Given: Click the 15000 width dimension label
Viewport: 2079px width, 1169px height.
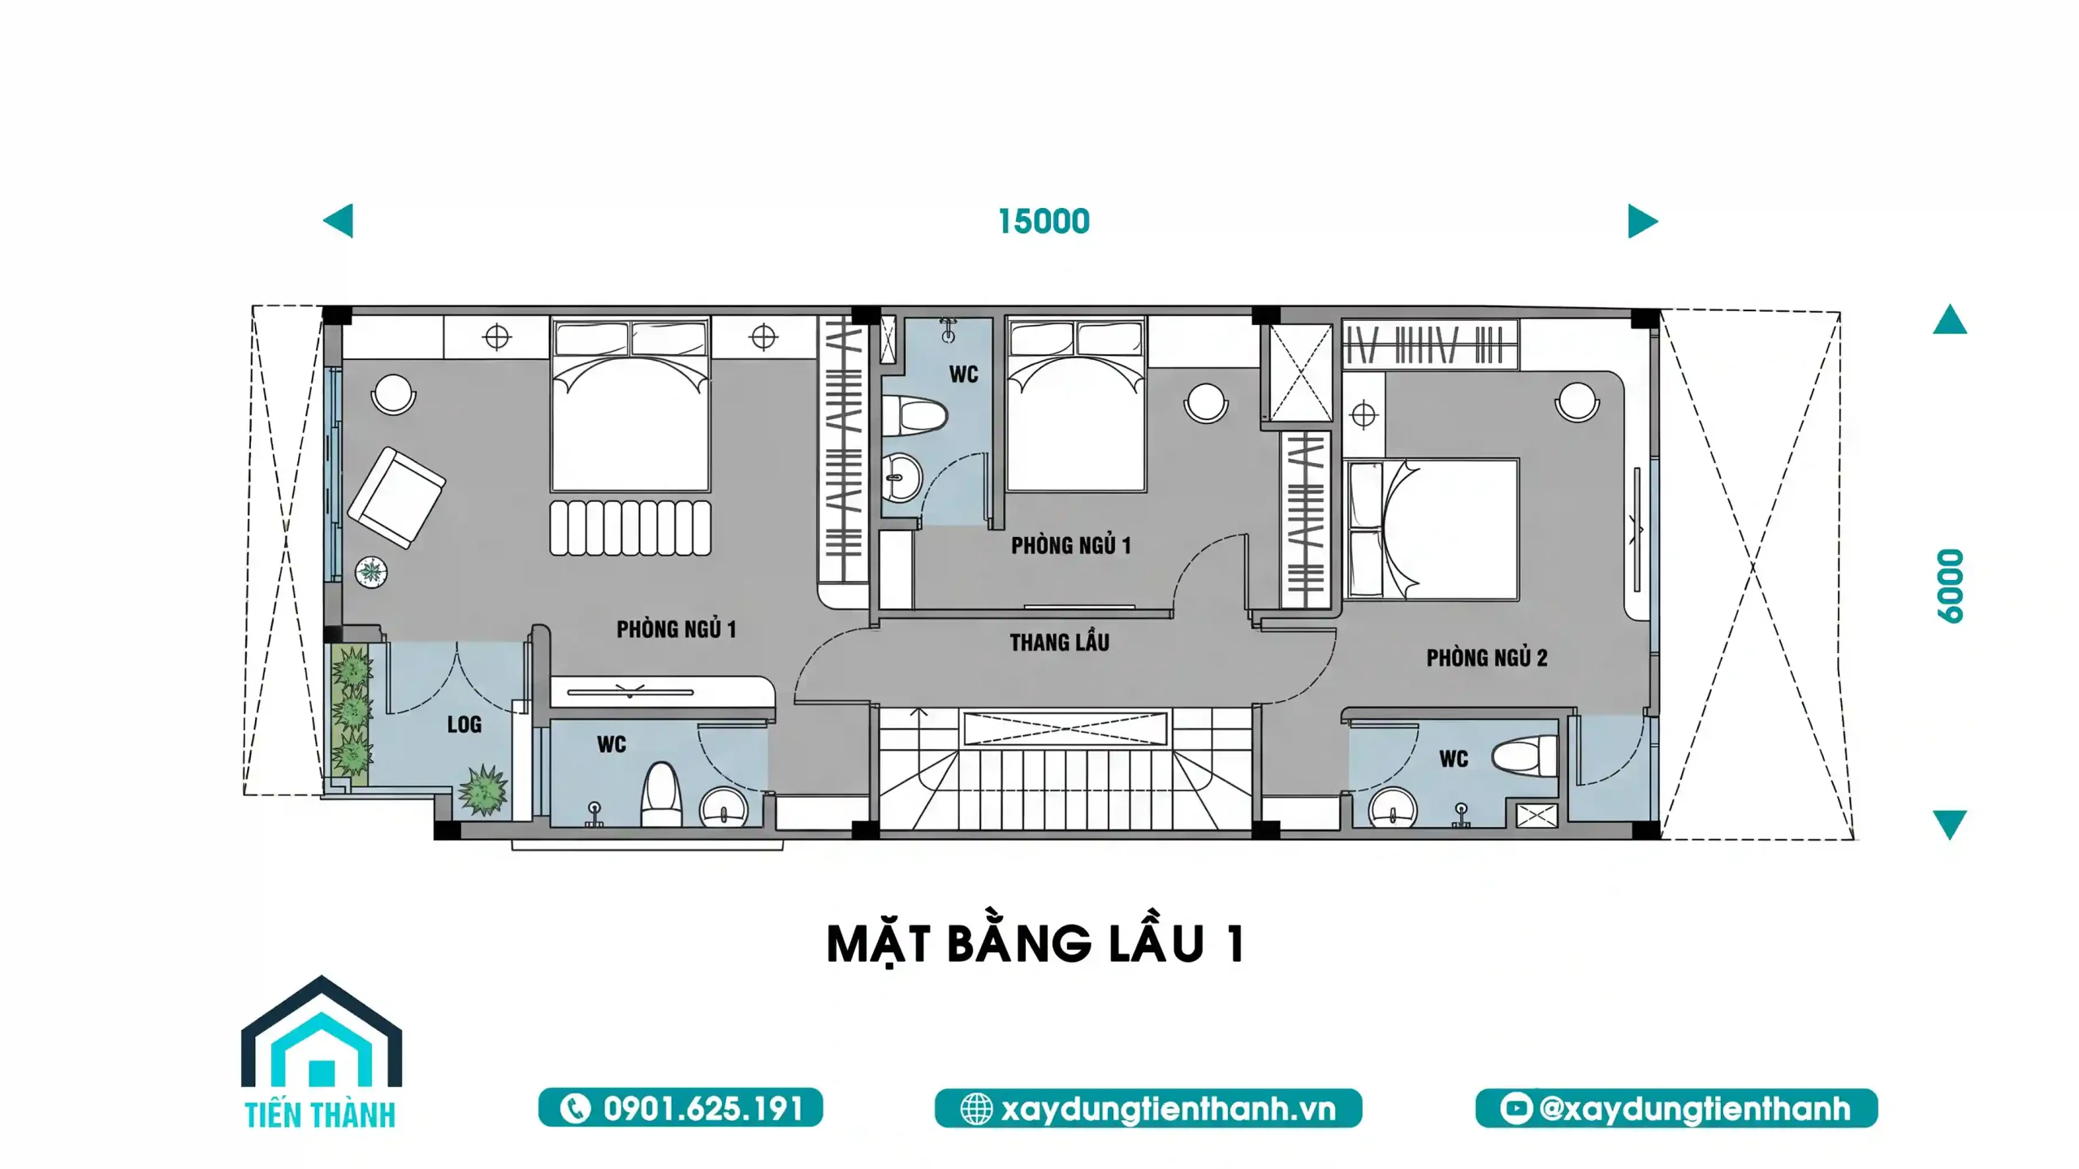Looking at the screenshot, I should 1044,222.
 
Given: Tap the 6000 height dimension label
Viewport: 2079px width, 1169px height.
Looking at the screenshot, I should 1950,586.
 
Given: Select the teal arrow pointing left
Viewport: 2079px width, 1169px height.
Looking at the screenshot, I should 339,221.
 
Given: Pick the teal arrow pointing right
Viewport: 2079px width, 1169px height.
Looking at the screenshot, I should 1641,221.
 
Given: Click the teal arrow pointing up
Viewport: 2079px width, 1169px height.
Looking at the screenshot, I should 1949,320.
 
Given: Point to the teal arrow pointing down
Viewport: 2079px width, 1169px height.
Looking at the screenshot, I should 1949,823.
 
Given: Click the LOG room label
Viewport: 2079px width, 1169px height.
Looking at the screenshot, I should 464,725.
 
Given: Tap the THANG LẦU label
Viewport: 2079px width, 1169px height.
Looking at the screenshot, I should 1059,643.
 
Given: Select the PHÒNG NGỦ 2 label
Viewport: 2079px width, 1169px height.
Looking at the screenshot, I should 1486,657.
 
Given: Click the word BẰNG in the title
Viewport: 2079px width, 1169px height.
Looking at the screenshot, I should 1018,944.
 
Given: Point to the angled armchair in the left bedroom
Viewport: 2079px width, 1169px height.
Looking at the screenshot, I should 395,497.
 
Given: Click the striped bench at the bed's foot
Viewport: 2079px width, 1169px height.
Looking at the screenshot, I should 630,528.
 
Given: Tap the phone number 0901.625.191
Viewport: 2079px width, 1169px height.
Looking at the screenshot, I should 702,1109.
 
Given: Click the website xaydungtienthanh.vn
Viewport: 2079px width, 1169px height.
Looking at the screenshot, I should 1168,1109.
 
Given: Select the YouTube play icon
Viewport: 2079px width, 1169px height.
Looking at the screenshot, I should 1515,1109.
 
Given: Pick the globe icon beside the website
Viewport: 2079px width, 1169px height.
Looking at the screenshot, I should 976,1109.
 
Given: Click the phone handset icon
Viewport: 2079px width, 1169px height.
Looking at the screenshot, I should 575,1109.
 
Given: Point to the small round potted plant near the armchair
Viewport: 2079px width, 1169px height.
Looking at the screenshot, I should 371,572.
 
